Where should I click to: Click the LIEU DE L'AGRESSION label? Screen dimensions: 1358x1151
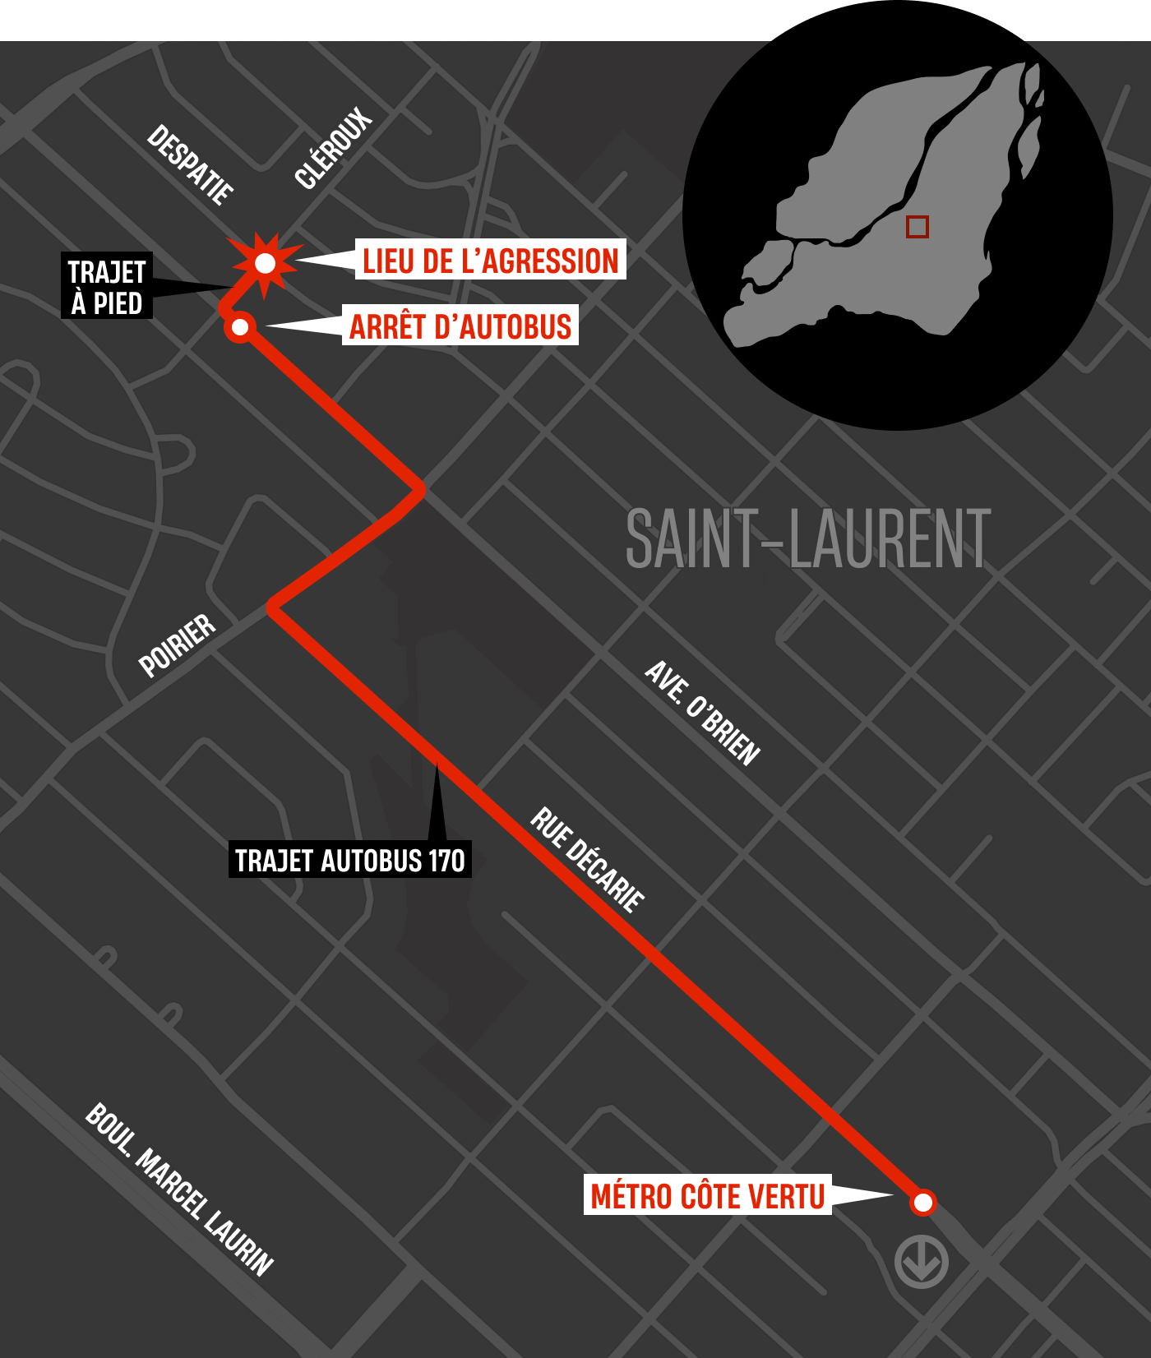click(491, 260)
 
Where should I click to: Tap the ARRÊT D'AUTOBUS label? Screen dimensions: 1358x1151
click(460, 326)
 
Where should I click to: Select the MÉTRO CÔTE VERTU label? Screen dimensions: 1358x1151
click(707, 1195)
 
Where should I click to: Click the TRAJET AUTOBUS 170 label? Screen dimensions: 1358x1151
click(349, 860)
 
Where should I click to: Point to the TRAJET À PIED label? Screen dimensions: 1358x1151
click(107, 286)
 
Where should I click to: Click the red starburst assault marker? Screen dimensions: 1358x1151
click(265, 263)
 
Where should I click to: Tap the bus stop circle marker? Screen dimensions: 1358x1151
click(240, 327)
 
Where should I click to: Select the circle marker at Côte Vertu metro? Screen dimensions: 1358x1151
click(923, 1203)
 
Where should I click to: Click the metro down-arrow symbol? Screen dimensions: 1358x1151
click(922, 1261)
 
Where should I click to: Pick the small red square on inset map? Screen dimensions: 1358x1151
click(918, 227)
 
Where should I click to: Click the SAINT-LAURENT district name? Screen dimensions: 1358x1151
click(808, 539)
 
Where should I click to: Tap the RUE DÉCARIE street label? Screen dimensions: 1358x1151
click(587, 860)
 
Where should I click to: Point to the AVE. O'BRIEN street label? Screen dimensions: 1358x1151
click(701, 713)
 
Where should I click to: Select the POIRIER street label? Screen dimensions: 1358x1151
click(178, 645)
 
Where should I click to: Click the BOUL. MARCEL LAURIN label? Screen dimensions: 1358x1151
click(179, 1189)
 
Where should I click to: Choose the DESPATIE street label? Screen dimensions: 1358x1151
click(190, 164)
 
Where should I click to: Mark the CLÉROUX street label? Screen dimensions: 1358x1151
click(333, 149)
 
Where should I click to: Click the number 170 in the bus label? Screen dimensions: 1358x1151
click(446, 860)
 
